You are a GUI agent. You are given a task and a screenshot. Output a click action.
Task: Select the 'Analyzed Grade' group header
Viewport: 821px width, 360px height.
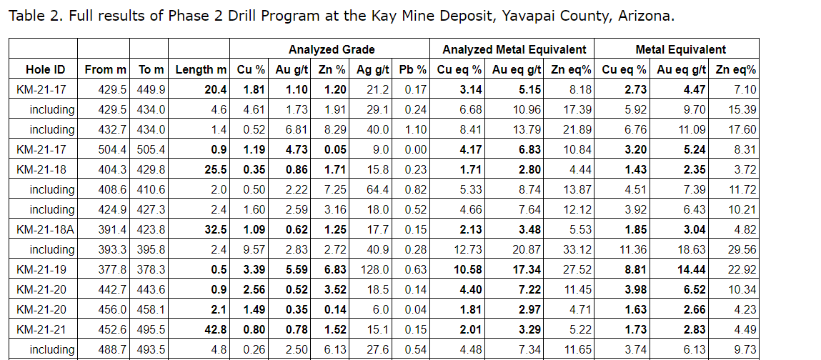(x=331, y=49)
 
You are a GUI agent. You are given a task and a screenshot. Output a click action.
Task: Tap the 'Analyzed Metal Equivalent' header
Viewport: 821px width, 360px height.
(x=514, y=49)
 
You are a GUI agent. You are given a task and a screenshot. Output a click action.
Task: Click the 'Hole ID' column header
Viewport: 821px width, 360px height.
(x=45, y=69)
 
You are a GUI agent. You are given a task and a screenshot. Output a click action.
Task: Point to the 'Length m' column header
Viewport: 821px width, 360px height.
(x=201, y=69)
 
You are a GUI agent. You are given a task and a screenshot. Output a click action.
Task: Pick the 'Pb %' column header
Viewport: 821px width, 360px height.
(x=412, y=69)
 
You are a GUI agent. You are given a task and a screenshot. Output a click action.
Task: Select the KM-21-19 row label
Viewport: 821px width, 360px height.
(x=45, y=269)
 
